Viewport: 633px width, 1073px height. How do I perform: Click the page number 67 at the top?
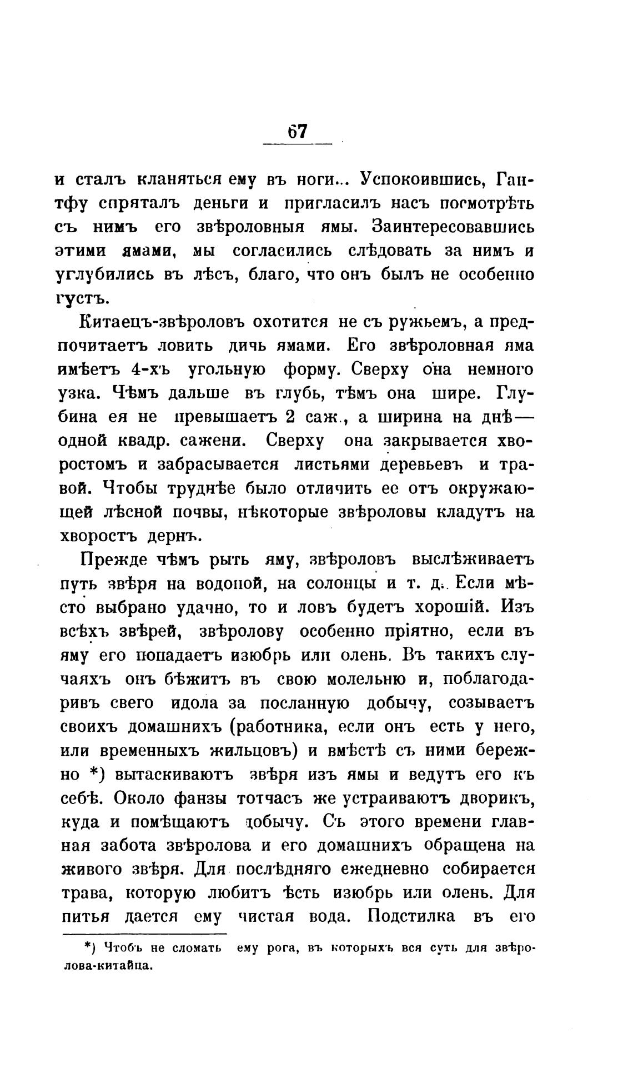click(297, 132)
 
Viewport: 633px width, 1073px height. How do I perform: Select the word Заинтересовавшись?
click(453, 227)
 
